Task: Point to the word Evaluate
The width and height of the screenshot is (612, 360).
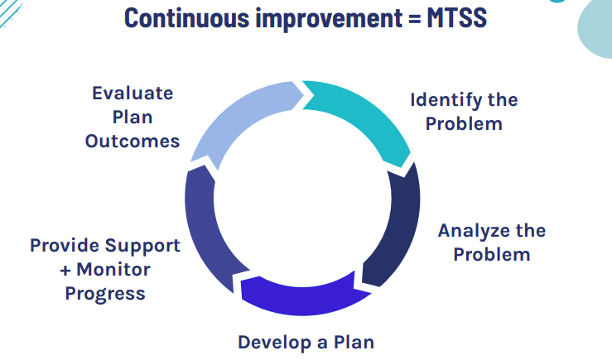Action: pos(133,92)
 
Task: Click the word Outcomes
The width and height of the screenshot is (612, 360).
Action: pos(133,141)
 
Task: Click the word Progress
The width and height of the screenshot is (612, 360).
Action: pos(105,294)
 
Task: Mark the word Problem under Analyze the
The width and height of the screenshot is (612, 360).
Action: pos(492,254)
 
